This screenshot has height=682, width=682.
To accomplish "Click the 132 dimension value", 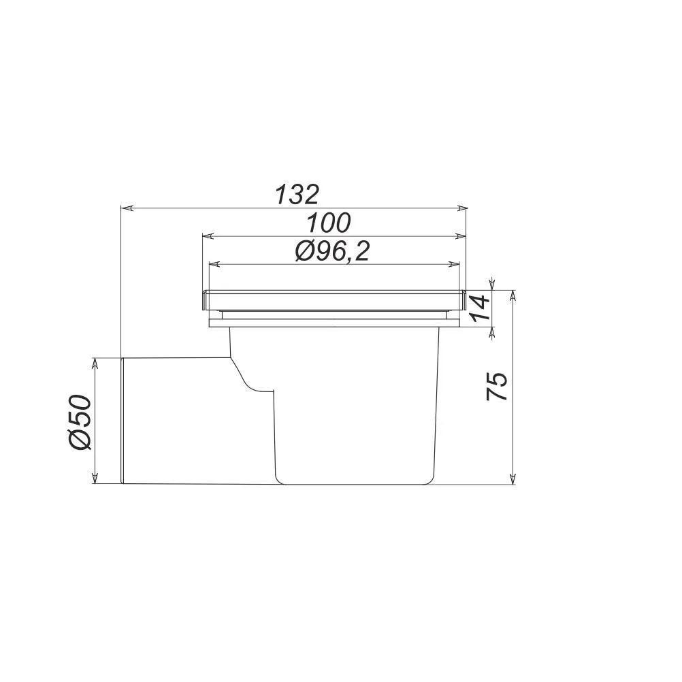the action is click(x=297, y=195).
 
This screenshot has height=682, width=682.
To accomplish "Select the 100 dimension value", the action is click(x=328, y=223).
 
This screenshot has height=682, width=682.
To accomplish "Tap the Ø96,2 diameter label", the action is click(x=332, y=251).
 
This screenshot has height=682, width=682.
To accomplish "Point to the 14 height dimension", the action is click(x=479, y=308).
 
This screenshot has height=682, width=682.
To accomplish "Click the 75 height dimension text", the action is click(x=497, y=386).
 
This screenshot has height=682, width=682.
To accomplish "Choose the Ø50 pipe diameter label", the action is click(x=80, y=422).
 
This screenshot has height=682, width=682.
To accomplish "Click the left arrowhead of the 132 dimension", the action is click(x=126, y=208).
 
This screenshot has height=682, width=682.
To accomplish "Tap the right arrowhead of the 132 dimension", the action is click(x=461, y=208).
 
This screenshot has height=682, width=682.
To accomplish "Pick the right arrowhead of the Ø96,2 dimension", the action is click(x=454, y=264).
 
